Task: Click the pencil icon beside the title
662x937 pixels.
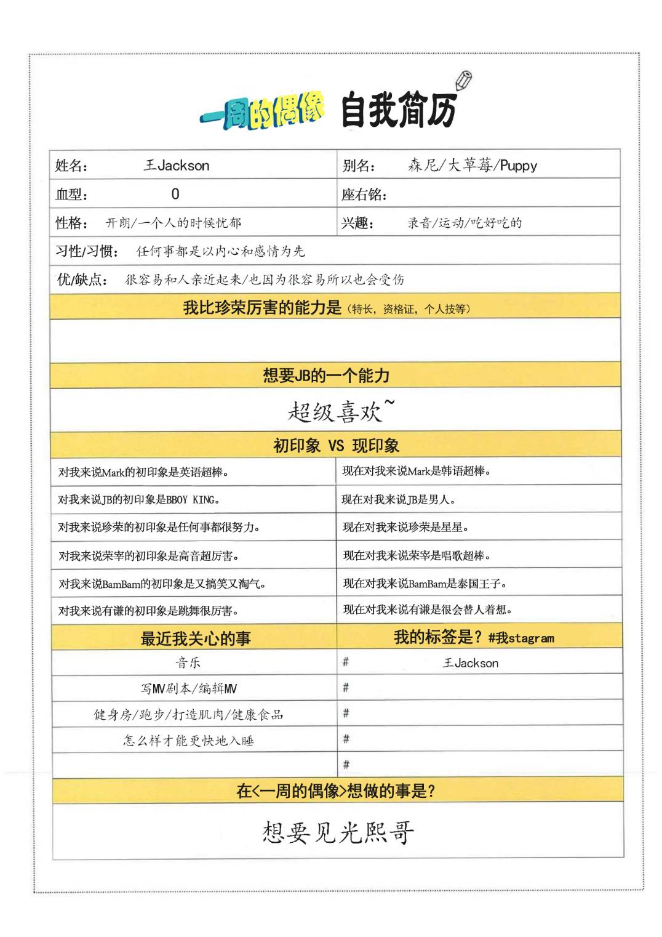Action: tap(464, 80)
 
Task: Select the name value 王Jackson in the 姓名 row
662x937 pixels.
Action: tap(177, 166)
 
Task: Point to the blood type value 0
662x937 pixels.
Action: tap(175, 195)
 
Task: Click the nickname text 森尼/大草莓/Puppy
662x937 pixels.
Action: tap(472, 166)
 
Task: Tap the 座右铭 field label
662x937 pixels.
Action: tap(364, 195)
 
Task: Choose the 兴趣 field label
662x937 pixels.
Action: tap(357, 223)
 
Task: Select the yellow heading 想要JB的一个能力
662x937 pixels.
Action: tap(326, 376)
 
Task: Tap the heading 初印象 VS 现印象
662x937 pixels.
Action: tap(336, 446)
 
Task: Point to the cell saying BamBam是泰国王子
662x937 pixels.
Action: tap(425, 583)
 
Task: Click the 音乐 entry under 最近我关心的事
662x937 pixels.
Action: tap(188, 663)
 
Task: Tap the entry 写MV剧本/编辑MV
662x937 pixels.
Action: tap(188, 689)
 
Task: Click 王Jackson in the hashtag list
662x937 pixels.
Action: tap(471, 663)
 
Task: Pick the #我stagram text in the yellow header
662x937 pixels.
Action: tap(521, 638)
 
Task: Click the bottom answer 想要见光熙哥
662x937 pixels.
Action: tap(338, 832)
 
